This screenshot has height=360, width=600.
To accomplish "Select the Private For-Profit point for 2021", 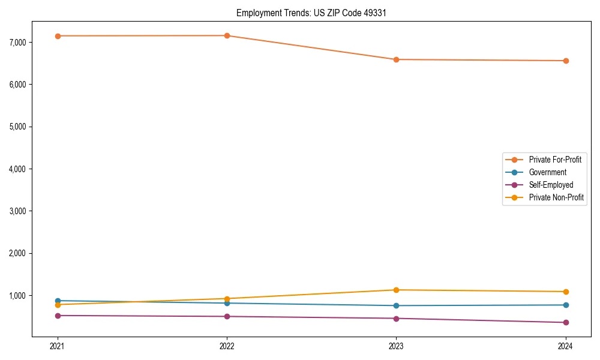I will click(58, 36).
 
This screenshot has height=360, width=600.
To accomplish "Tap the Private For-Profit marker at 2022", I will click(227, 35).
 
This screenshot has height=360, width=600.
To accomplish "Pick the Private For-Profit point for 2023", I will click(396, 59).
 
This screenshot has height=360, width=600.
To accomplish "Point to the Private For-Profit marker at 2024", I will click(566, 61).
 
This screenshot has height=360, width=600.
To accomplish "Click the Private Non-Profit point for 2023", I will click(396, 290).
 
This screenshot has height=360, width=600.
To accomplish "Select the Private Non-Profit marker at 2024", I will click(566, 292).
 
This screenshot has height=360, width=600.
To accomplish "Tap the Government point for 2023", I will click(396, 305).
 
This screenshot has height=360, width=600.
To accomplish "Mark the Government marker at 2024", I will click(566, 305).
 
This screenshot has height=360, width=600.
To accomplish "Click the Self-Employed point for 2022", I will click(227, 316).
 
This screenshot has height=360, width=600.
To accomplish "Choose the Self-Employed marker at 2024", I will click(566, 322).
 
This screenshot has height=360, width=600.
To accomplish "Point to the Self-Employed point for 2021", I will click(58, 316).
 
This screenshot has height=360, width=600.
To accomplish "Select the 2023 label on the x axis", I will click(396, 346).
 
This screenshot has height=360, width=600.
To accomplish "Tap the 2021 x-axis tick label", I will click(58, 346).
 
